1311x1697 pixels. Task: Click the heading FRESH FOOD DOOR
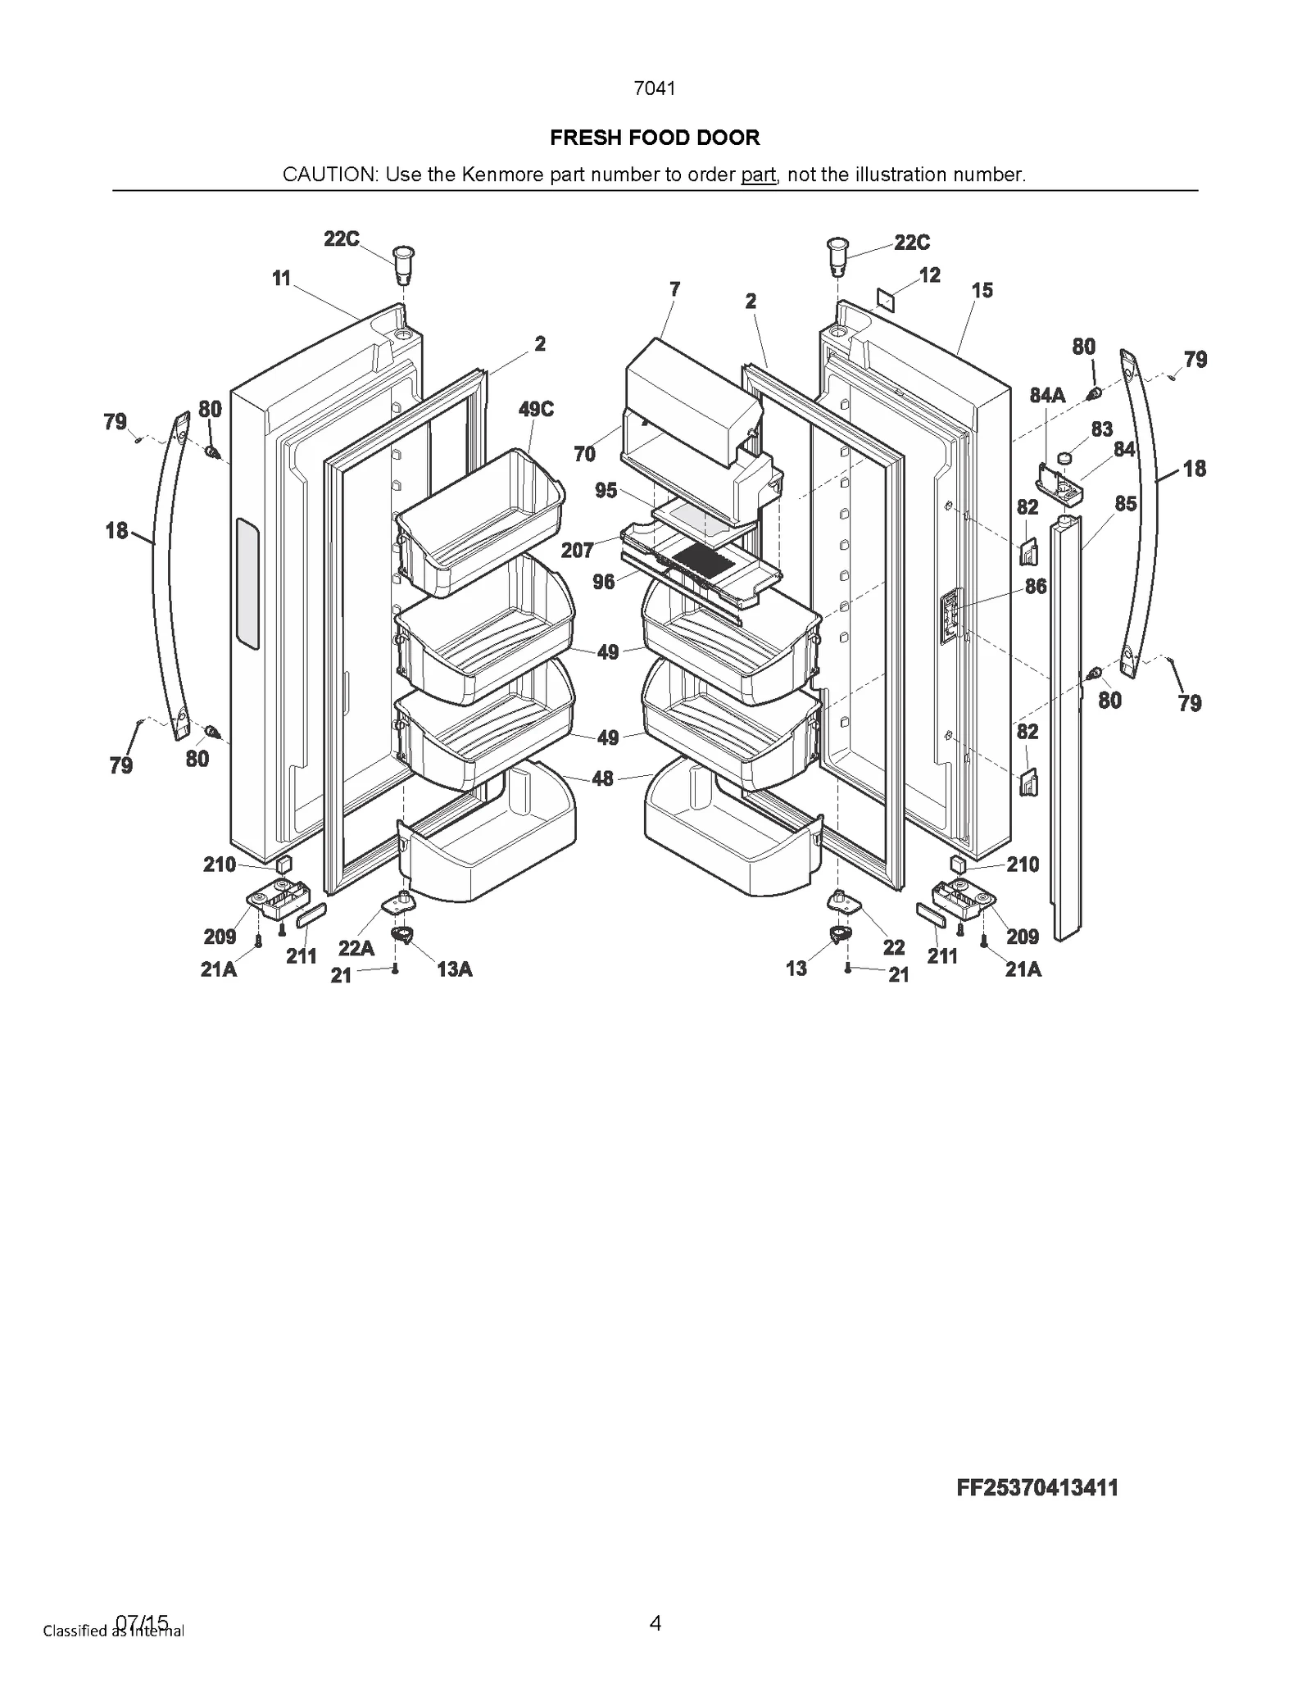[655, 138]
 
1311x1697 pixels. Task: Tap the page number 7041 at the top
[655, 88]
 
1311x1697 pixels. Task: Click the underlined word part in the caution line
[758, 175]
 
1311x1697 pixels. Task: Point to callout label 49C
[536, 410]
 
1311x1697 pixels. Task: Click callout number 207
[577, 550]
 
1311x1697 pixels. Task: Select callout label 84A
[1047, 396]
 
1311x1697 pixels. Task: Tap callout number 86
[1036, 587]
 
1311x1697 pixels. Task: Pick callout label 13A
[454, 970]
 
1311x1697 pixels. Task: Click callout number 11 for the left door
[281, 279]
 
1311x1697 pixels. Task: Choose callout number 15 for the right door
[982, 290]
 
